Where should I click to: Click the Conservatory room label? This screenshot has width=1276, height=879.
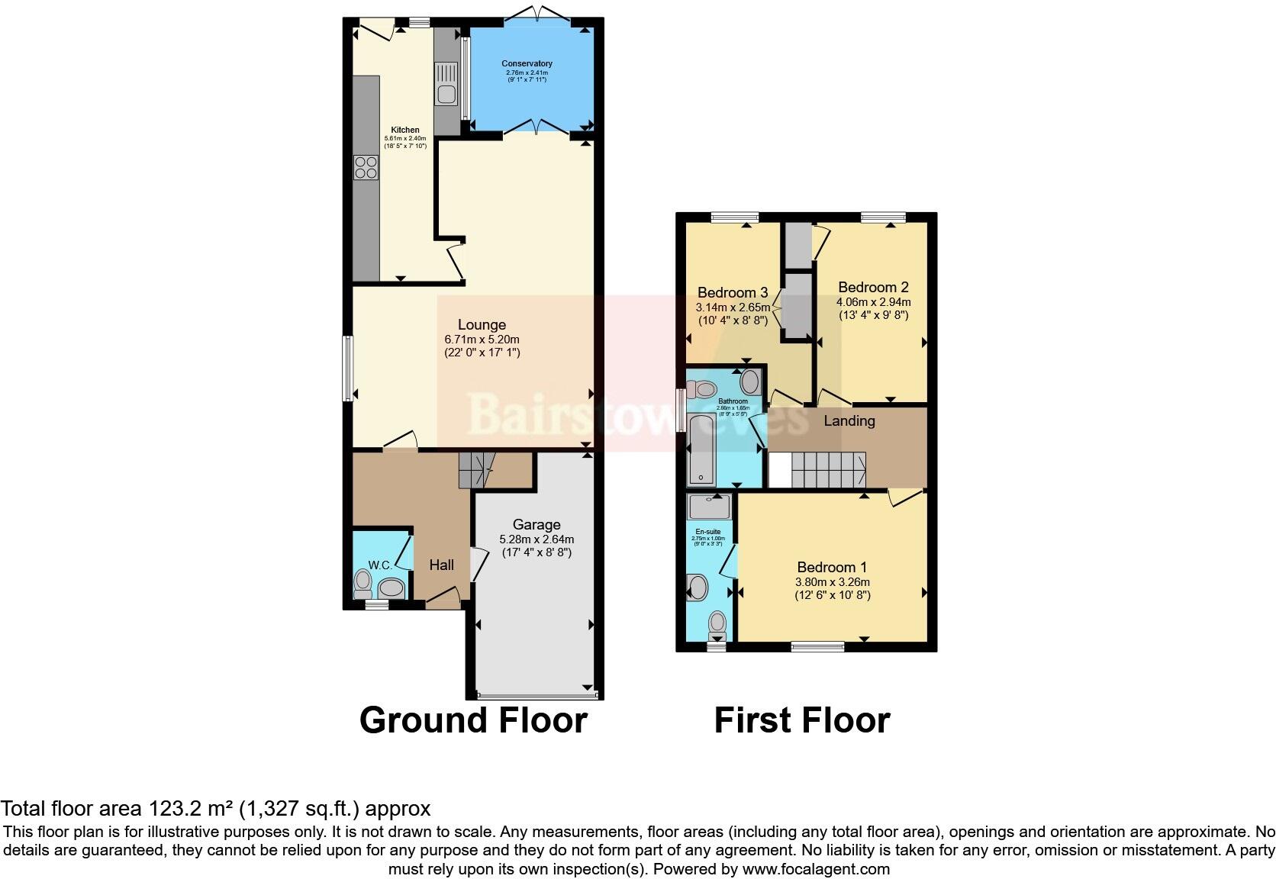pyautogui.click(x=527, y=63)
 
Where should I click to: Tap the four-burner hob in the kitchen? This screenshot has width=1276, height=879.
pyautogui.click(x=366, y=167)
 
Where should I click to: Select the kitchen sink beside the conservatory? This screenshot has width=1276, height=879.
pyautogui.click(x=445, y=84)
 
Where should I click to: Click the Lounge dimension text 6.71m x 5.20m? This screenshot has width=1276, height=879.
pyautogui.click(x=482, y=340)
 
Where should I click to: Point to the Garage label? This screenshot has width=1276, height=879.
pyautogui.click(x=536, y=524)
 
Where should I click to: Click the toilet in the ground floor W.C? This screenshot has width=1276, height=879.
pyautogui.click(x=362, y=585)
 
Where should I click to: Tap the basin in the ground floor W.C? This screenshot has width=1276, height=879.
pyautogui.click(x=392, y=588)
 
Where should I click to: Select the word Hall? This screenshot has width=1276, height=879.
pyautogui.click(x=441, y=565)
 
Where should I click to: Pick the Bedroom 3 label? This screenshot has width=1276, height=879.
pyautogui.click(x=732, y=292)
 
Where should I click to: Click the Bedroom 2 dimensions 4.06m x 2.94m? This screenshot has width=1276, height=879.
pyautogui.click(x=873, y=301)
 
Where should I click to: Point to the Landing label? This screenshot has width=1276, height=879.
pyautogui.click(x=849, y=420)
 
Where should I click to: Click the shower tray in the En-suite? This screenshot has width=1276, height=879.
pyautogui.click(x=710, y=507)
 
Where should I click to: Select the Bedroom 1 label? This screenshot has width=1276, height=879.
pyautogui.click(x=831, y=567)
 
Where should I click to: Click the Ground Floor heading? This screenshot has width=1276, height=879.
pyautogui.click(x=473, y=720)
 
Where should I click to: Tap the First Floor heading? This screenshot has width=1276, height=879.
pyautogui.click(x=801, y=720)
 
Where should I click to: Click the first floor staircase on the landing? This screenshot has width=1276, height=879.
pyautogui.click(x=828, y=469)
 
